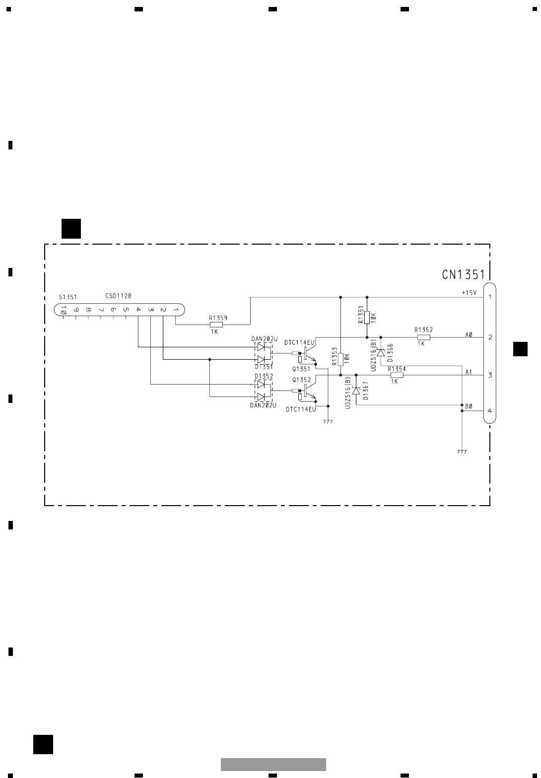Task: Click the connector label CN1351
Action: tap(463, 275)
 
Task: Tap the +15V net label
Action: tap(469, 293)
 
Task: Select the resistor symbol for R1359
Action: tap(216, 324)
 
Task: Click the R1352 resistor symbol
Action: tap(423, 337)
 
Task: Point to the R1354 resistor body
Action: tap(397, 376)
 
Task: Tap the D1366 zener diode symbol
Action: tap(381, 352)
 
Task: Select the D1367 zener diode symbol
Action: tap(356, 390)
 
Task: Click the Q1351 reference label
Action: tap(301, 369)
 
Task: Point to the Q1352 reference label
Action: tap(301, 380)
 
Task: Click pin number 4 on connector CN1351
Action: tap(489, 411)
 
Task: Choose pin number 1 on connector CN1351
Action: tap(489, 297)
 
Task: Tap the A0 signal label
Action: tap(469, 335)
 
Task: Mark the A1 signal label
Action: tap(469, 372)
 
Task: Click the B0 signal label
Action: tap(469, 406)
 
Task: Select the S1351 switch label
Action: tap(68, 297)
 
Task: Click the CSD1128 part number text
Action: tap(118, 296)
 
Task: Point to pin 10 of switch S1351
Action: tap(64, 310)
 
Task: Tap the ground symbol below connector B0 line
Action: tap(462, 452)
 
